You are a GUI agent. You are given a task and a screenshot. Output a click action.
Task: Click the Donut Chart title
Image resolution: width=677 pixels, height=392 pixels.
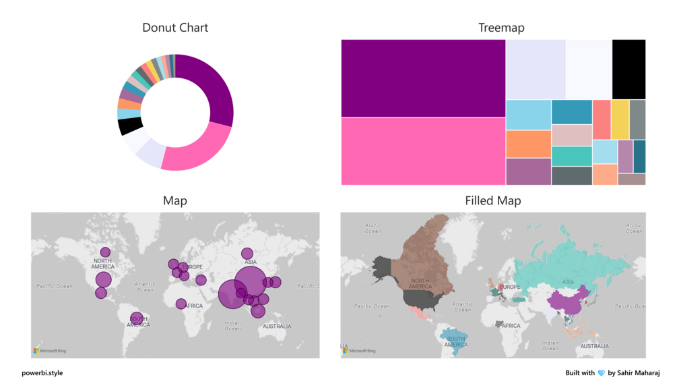(x=175, y=28)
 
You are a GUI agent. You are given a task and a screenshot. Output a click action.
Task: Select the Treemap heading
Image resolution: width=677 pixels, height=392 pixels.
(x=501, y=28)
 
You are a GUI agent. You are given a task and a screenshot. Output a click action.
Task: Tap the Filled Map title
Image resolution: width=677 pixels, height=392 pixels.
(x=492, y=201)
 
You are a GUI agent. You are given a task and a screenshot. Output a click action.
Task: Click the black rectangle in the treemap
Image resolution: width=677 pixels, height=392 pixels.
(x=628, y=69)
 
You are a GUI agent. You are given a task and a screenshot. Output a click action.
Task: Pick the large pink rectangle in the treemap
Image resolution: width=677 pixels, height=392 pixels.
(x=423, y=151)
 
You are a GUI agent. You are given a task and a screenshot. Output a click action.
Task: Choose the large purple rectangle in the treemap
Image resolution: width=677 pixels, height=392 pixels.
(x=423, y=78)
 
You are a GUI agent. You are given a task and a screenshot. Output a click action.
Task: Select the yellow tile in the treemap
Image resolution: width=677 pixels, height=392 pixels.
(x=620, y=119)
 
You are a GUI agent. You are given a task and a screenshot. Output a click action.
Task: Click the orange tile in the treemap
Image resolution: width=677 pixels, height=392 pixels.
(x=528, y=144)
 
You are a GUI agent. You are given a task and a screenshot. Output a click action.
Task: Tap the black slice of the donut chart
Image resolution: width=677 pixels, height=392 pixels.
(x=130, y=126)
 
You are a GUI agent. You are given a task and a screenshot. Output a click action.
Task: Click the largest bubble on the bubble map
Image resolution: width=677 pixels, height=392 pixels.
(x=251, y=283)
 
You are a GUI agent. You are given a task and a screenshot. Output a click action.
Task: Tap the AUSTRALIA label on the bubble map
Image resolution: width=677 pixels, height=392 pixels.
(x=277, y=327)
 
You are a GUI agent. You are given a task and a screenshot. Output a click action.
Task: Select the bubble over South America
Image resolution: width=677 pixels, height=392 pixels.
(x=137, y=318)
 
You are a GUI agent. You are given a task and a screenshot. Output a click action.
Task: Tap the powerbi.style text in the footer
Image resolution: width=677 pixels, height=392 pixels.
(x=42, y=373)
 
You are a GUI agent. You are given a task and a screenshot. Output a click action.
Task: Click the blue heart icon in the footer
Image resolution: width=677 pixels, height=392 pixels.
(x=601, y=373)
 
